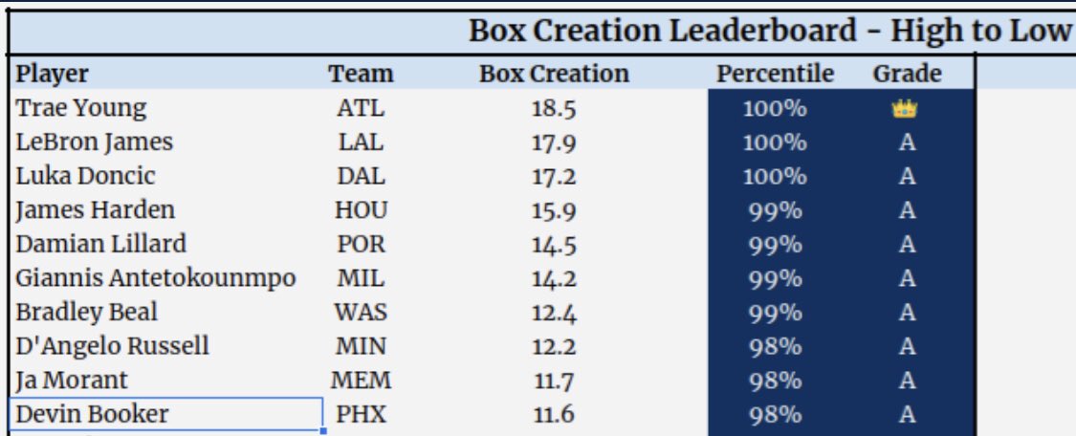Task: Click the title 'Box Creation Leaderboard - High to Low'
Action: pyautogui.click(x=769, y=31)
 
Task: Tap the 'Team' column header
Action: pyautogui.click(x=361, y=74)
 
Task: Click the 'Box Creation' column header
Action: pyautogui.click(x=554, y=74)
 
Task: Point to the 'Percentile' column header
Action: pyautogui.click(x=775, y=74)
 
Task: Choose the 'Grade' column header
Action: pyautogui.click(x=907, y=74)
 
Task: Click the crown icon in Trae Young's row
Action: pyautogui.click(x=906, y=109)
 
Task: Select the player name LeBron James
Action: pyautogui.click(x=95, y=142)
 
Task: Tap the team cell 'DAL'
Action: pyautogui.click(x=361, y=177)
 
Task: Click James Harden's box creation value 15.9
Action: pyautogui.click(x=554, y=210)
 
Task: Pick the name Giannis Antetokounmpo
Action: pyautogui.click(x=156, y=278)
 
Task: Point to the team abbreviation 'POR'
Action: pyautogui.click(x=361, y=245)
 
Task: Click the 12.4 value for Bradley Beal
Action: pyautogui.click(x=554, y=313)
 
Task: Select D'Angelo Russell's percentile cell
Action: pyautogui.click(x=775, y=346)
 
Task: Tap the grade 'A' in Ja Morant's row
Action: pyautogui.click(x=907, y=381)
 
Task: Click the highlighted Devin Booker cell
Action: pyautogui.click(x=92, y=415)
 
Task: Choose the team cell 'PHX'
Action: pyautogui.click(x=361, y=415)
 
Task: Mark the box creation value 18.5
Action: pyautogui.click(x=554, y=109)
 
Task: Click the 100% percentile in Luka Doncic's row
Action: pyautogui.click(x=775, y=177)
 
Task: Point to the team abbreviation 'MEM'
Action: pyautogui.click(x=361, y=381)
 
